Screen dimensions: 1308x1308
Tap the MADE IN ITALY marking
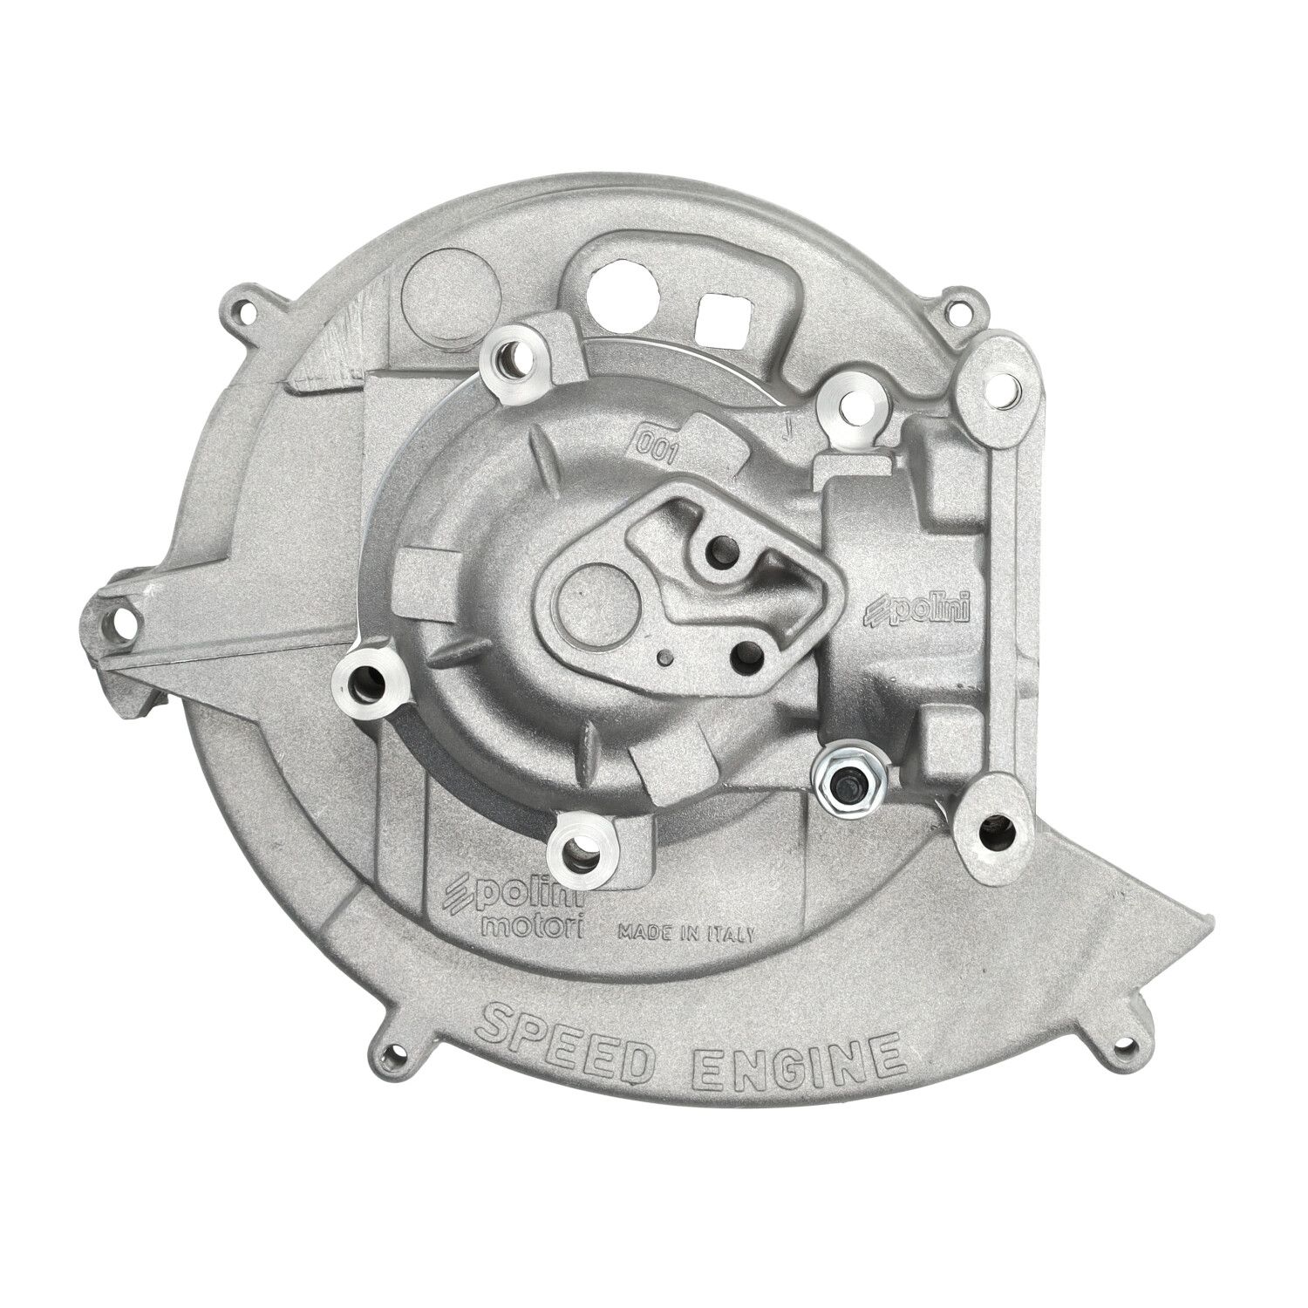(x=686, y=932)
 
